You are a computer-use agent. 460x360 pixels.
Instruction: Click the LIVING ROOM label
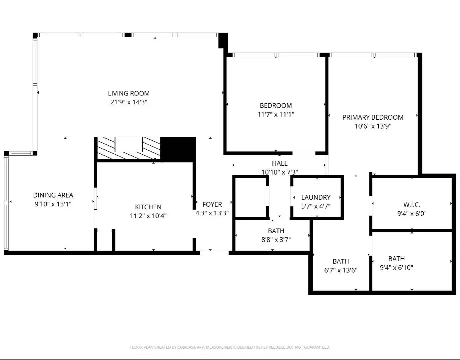(x=129, y=93)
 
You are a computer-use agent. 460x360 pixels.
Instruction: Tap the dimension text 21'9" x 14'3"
(x=129, y=102)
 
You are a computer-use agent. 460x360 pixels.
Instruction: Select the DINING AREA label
(x=53, y=195)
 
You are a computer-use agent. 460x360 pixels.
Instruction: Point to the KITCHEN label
(x=148, y=207)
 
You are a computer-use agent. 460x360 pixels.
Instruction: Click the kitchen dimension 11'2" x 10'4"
(x=148, y=216)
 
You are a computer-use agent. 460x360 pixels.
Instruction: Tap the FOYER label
(x=212, y=204)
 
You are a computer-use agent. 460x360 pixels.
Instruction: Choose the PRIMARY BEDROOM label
(x=373, y=117)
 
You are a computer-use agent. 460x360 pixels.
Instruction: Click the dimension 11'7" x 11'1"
(x=276, y=114)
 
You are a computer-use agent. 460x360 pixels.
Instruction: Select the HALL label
(x=279, y=163)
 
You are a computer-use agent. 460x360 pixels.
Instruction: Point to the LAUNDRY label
(x=316, y=197)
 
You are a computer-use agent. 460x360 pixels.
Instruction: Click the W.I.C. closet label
(x=412, y=205)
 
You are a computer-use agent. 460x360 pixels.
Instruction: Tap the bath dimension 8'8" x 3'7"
(x=276, y=239)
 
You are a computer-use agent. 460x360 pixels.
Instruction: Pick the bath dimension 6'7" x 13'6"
(x=341, y=270)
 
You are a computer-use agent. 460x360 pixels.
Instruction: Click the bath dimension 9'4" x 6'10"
(x=396, y=267)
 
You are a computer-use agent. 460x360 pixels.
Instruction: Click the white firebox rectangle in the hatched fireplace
(x=129, y=144)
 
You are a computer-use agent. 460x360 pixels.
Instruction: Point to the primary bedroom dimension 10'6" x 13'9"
(x=373, y=126)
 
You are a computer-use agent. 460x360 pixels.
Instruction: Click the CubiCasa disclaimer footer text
(x=230, y=347)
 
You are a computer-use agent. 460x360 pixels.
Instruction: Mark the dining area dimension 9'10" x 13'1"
(x=53, y=204)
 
